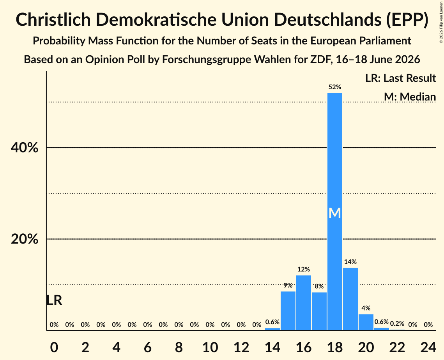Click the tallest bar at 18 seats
click(x=335, y=212)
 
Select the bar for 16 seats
click(x=304, y=303)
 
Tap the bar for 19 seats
click(x=350, y=299)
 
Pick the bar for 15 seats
click(x=288, y=311)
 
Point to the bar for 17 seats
click(x=319, y=311)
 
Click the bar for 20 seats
click(x=366, y=322)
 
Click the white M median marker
click(x=335, y=213)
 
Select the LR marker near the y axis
click(x=54, y=300)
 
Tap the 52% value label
click(x=335, y=87)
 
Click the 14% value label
click(x=350, y=262)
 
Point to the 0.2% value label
click(x=397, y=323)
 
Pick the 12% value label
click(x=304, y=269)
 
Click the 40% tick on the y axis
click(x=24, y=148)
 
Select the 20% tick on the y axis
click(x=24, y=239)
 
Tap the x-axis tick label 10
click(x=210, y=348)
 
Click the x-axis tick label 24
click(x=428, y=348)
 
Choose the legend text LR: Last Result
click(x=400, y=78)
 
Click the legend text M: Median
click(x=410, y=97)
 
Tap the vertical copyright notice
click(x=441, y=22)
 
